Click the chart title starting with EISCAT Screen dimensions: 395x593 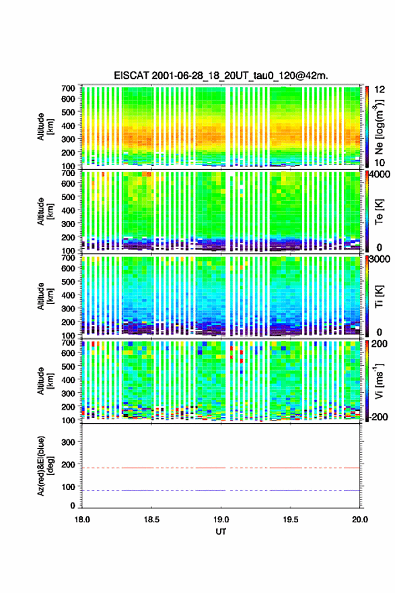(221, 75)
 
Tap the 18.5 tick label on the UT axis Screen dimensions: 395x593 (151, 520)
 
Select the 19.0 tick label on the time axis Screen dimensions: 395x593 (221, 520)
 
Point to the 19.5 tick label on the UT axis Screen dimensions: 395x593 (291, 520)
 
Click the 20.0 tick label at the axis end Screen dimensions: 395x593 (360, 520)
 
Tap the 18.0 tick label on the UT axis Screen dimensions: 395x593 (82, 520)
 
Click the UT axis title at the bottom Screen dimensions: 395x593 (221, 532)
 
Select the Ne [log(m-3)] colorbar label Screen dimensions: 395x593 (379, 127)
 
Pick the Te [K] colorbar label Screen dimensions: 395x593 (379, 212)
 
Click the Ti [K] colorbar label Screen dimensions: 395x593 (379, 296)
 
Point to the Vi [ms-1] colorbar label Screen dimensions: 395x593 (379, 381)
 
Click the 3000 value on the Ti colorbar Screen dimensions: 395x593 (380, 259)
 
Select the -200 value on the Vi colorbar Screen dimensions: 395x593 (379, 417)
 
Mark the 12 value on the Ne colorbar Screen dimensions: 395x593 (380, 90)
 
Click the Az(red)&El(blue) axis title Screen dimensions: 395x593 (45, 466)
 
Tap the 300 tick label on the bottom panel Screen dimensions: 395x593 (68, 442)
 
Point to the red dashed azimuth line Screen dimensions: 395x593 (221, 468)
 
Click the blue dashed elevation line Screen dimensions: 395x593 (221, 490)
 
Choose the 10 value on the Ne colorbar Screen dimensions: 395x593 (380, 162)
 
